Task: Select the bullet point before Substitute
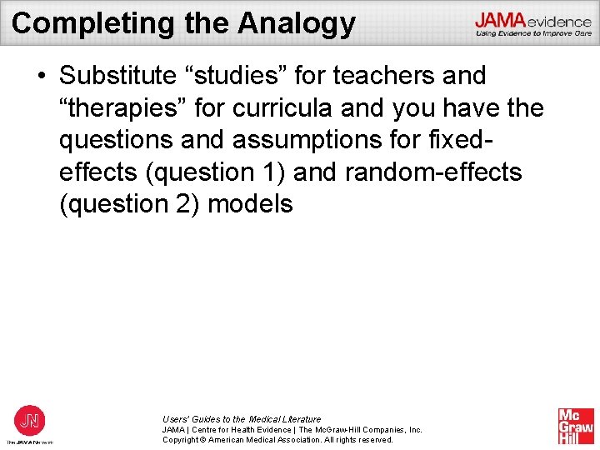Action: (x=41, y=77)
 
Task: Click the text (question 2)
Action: (x=128, y=203)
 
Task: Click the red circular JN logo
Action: (x=30, y=419)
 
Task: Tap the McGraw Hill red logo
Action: (x=576, y=426)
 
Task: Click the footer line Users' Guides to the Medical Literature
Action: (x=242, y=419)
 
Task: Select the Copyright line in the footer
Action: (x=277, y=439)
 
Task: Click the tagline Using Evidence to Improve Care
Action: (x=533, y=33)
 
